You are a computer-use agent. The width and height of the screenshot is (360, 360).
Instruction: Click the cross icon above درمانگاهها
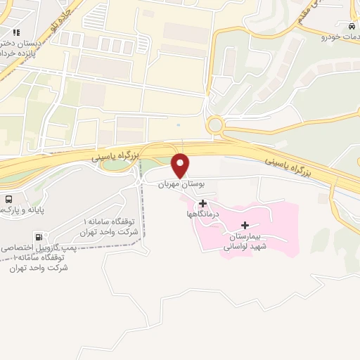(203, 203)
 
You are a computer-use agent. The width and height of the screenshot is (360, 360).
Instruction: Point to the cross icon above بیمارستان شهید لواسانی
(245, 225)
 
